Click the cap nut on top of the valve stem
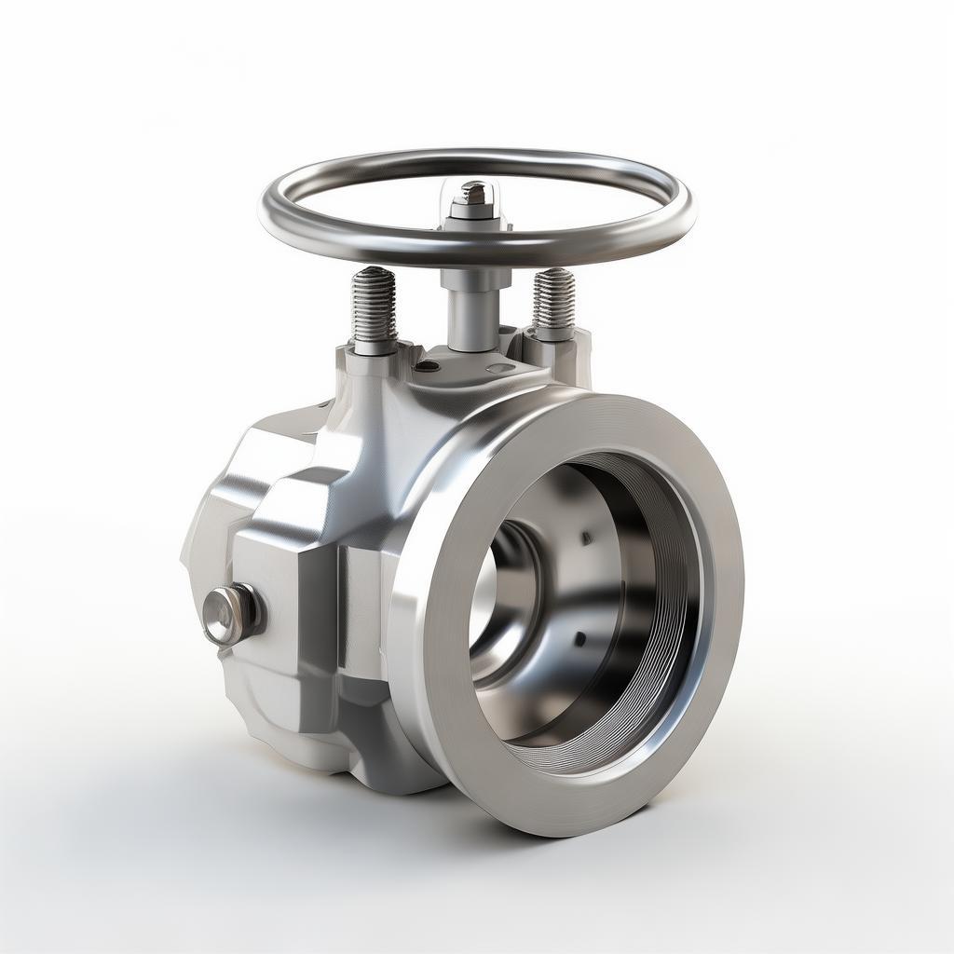pyautogui.click(x=474, y=197)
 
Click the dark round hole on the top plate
pyautogui.click(x=427, y=366)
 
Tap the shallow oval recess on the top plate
pyautogui.click(x=500, y=368)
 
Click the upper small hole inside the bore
pyautogui.click(x=585, y=538)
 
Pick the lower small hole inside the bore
pyautogui.click(x=579, y=639)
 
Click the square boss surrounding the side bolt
pyautogui.click(x=279, y=596)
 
